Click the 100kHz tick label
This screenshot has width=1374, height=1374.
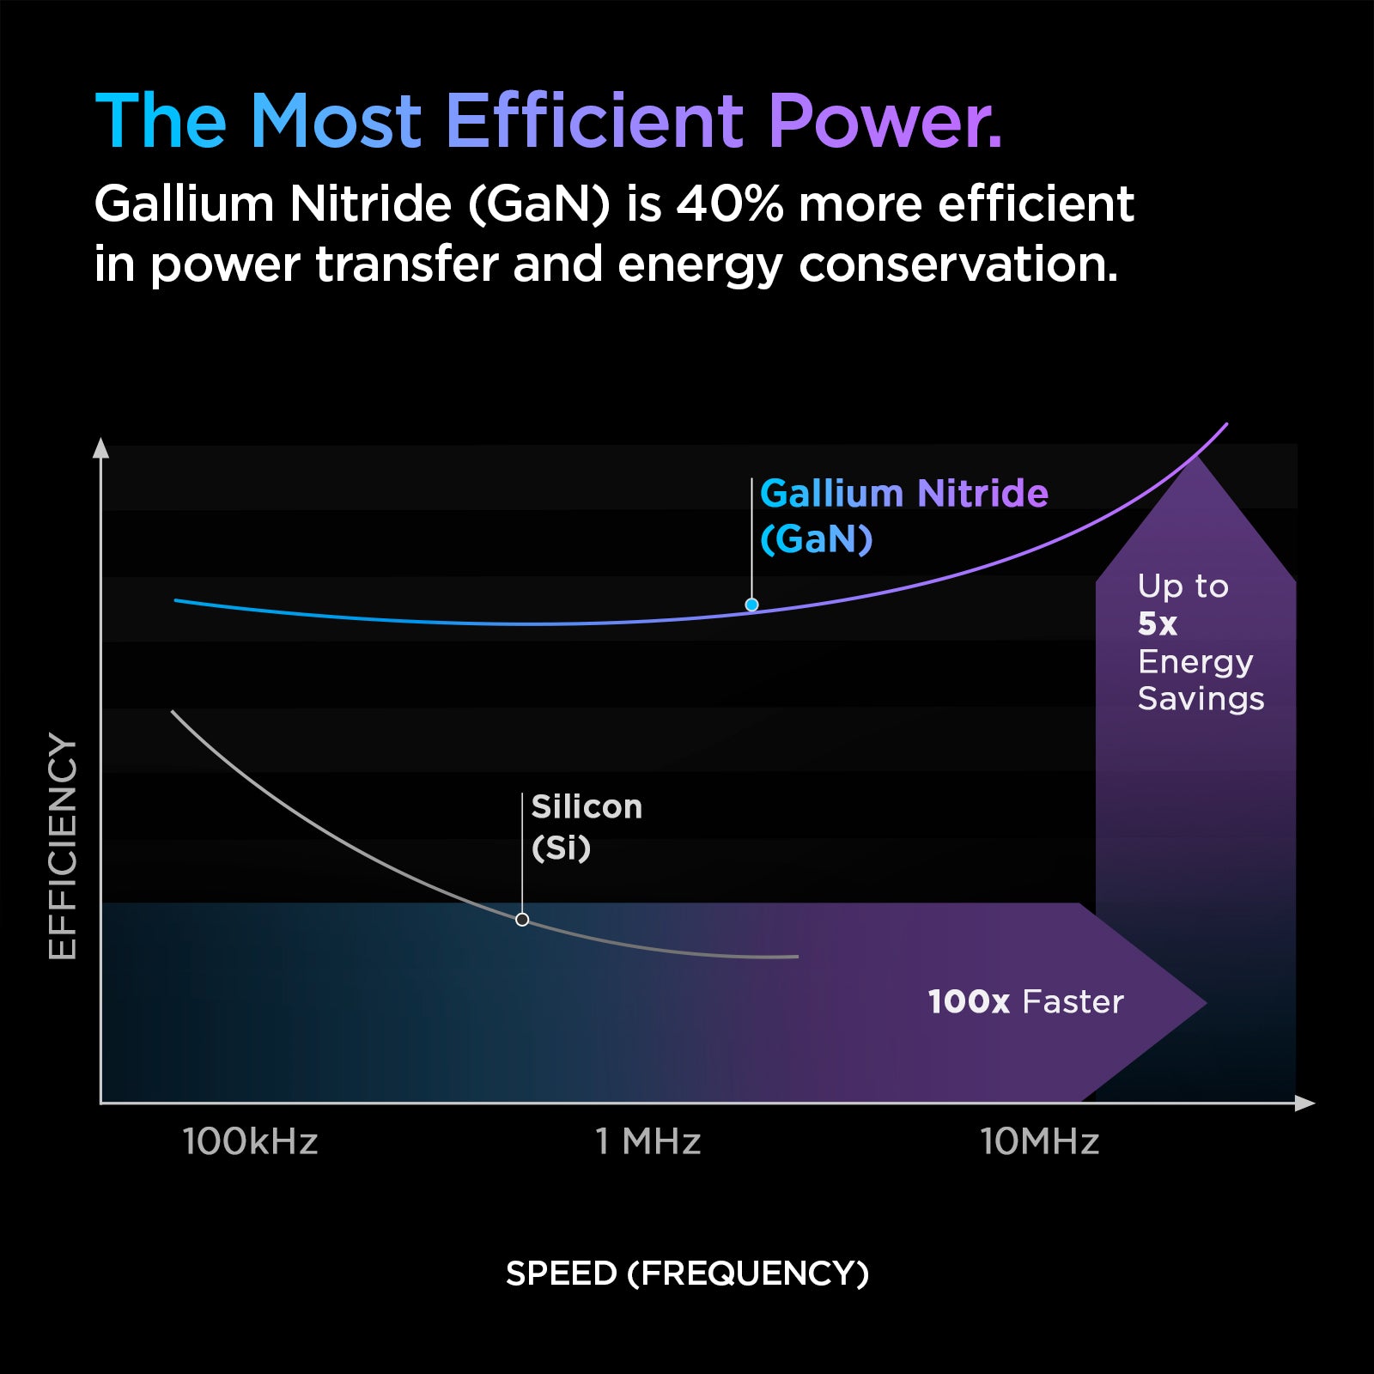click(250, 1142)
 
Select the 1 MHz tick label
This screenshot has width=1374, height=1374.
click(648, 1142)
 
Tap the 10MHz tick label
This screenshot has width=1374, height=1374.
click(1039, 1142)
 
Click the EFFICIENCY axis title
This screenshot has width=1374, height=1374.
click(63, 846)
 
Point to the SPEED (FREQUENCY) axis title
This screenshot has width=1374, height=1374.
click(687, 1273)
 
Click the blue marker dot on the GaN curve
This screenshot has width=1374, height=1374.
click(751, 605)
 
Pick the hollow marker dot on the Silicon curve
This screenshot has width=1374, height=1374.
click(522, 920)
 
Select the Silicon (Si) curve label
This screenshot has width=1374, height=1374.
click(586, 827)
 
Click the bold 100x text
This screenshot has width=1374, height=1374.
click(968, 1002)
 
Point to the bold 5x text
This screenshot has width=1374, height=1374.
click(1157, 624)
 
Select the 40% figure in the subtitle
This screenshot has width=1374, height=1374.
click(729, 204)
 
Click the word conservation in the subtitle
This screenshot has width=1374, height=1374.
click(958, 264)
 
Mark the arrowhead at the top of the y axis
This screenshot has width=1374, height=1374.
click(100, 448)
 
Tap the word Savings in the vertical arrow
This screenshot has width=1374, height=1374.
click(1201, 699)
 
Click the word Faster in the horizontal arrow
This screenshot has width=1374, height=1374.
click(1073, 1002)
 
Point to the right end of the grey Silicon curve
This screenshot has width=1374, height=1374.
click(796, 956)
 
